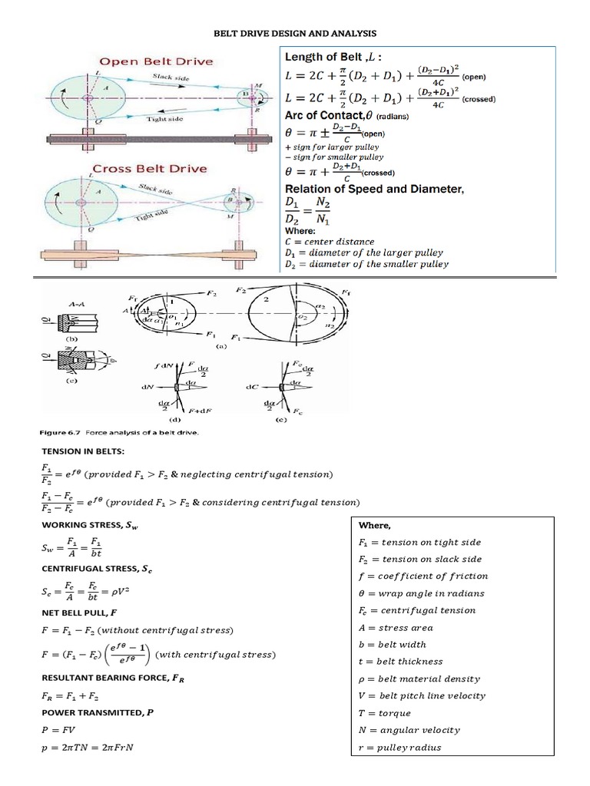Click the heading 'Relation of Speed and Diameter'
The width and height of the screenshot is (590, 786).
(x=374, y=189)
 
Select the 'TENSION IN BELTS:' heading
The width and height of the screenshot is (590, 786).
(x=73, y=451)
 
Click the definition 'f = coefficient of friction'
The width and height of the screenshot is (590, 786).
(x=423, y=576)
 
